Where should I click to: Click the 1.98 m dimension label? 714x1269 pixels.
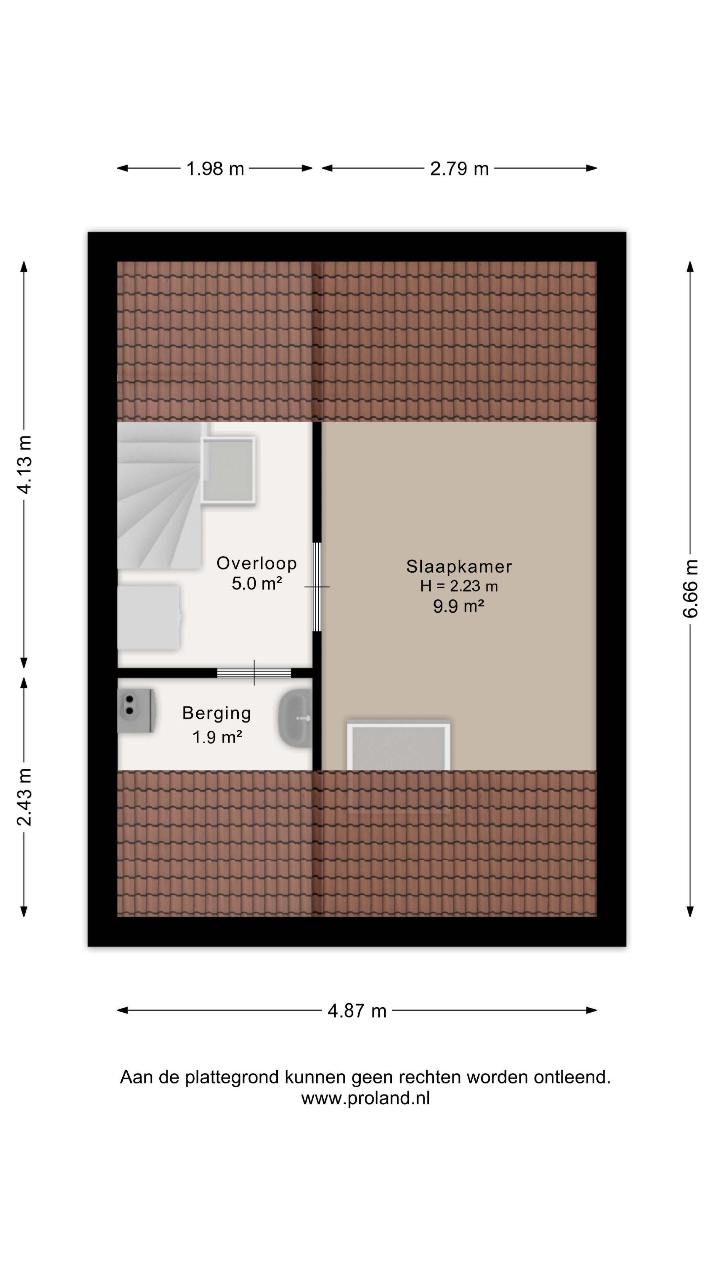(215, 169)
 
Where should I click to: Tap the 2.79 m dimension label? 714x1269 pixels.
(459, 169)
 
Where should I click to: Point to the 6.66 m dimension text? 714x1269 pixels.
(690, 588)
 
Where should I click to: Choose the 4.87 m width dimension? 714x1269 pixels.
(357, 1011)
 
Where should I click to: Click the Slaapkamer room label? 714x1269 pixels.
(459, 566)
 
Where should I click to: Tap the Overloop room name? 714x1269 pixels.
(257, 563)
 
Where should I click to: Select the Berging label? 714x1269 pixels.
(217, 713)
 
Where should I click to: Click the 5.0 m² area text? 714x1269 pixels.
(257, 583)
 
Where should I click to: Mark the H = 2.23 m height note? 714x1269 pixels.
(459, 586)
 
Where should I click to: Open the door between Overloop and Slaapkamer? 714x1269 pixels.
(317, 587)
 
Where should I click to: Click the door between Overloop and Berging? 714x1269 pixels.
(254, 673)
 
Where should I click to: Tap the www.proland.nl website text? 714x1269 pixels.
(366, 1098)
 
